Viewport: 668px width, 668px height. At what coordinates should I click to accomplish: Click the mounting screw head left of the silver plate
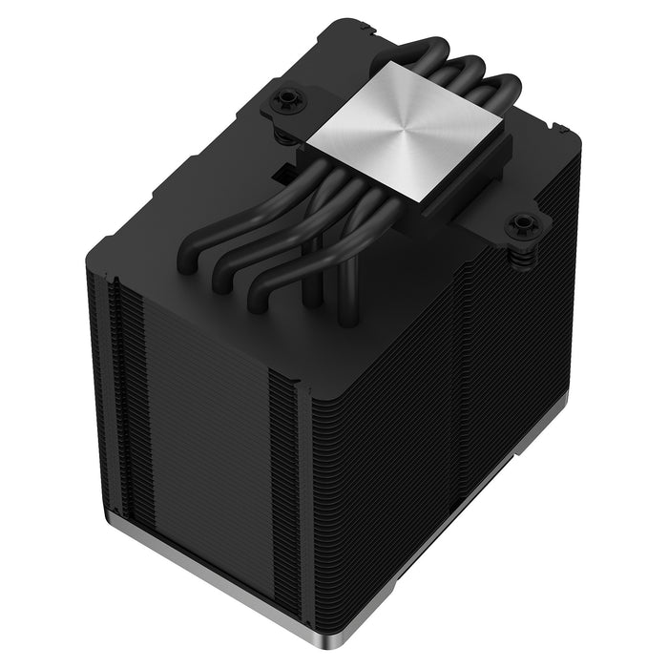pyautogui.click(x=284, y=99)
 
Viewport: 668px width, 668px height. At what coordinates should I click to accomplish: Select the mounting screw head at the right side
pyautogui.click(x=522, y=225)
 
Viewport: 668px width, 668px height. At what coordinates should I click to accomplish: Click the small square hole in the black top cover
pyautogui.click(x=283, y=175)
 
